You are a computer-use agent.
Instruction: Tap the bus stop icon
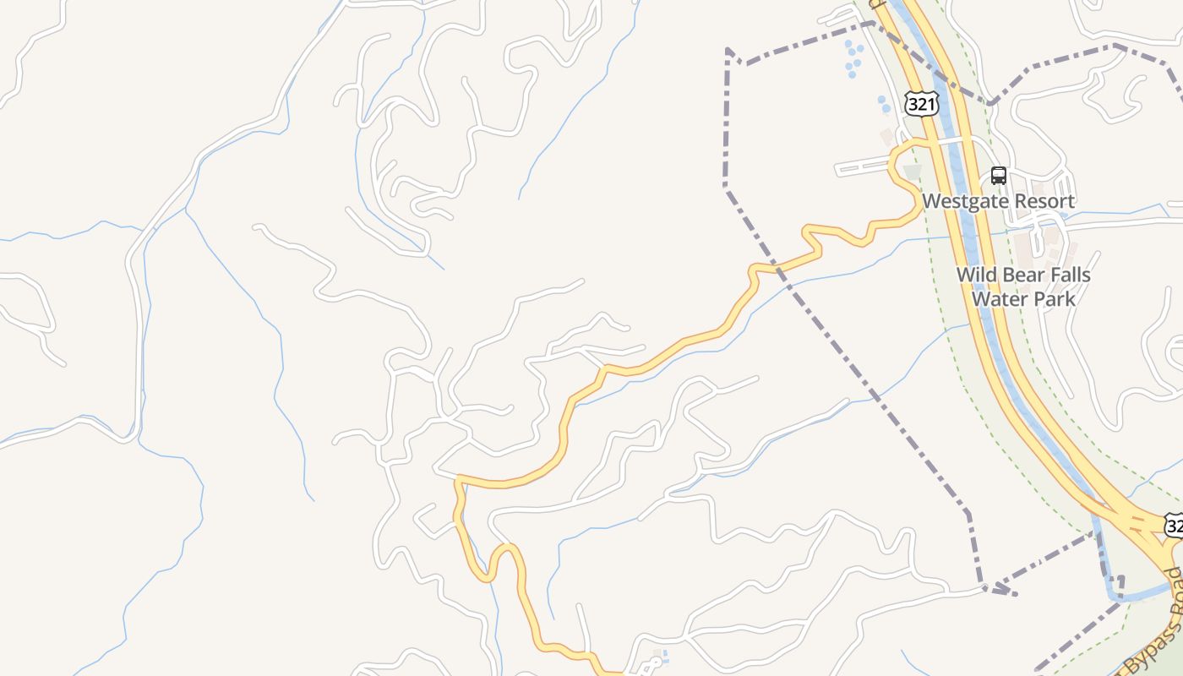pyautogui.click(x=999, y=176)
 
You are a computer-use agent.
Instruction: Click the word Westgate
pyautogui.click(x=963, y=201)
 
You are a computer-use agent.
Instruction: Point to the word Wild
pyautogui.click(x=975, y=275)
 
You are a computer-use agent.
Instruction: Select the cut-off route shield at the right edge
pyautogui.click(x=1175, y=526)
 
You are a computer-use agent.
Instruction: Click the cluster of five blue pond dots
pyautogui.click(x=854, y=57)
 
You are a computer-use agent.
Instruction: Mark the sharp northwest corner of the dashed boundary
pyautogui.click(x=728, y=50)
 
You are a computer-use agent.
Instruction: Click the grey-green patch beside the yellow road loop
pyautogui.click(x=911, y=172)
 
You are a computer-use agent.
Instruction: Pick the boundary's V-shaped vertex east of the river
pyautogui.click(x=990, y=104)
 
